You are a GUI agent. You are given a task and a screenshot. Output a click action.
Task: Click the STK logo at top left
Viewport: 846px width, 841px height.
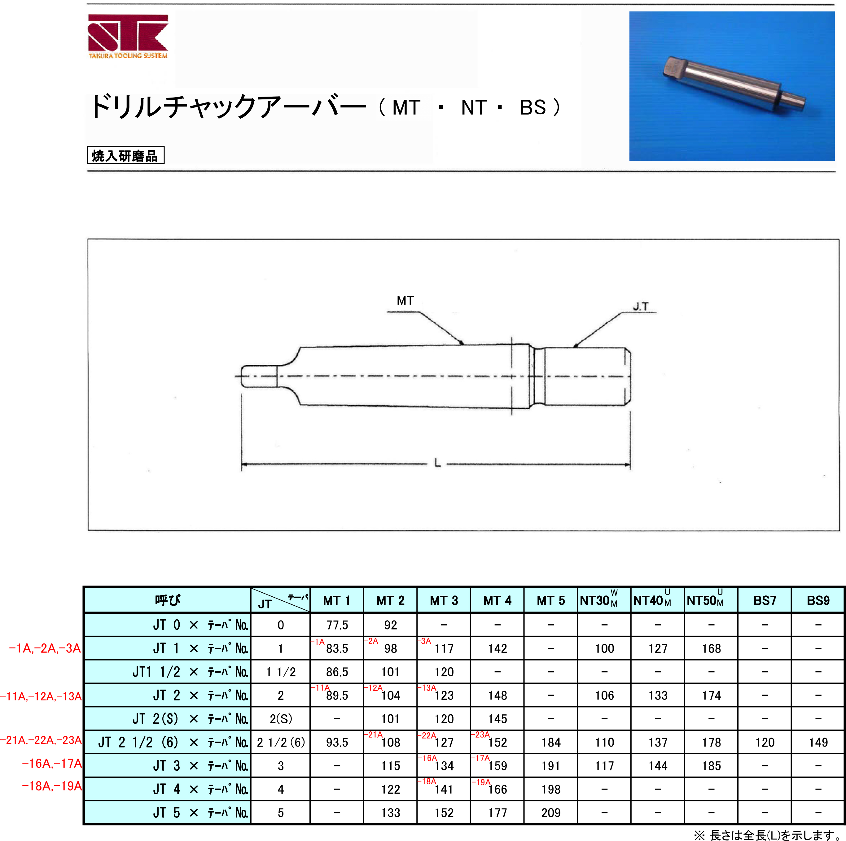pyautogui.click(x=128, y=37)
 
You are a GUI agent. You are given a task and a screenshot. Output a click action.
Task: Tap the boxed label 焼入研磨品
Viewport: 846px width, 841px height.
pyautogui.click(x=126, y=155)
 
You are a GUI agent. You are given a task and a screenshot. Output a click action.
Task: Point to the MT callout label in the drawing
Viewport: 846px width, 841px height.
pyautogui.click(x=405, y=300)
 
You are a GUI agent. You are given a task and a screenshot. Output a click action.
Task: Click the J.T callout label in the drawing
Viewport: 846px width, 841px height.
pyautogui.click(x=641, y=307)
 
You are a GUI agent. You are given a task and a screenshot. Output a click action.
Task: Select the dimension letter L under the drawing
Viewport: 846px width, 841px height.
pyautogui.click(x=437, y=463)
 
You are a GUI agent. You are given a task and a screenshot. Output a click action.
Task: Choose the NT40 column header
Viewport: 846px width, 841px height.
pyautogui.click(x=652, y=600)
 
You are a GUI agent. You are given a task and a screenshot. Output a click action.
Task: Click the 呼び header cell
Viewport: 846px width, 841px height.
pyautogui.click(x=167, y=600)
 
